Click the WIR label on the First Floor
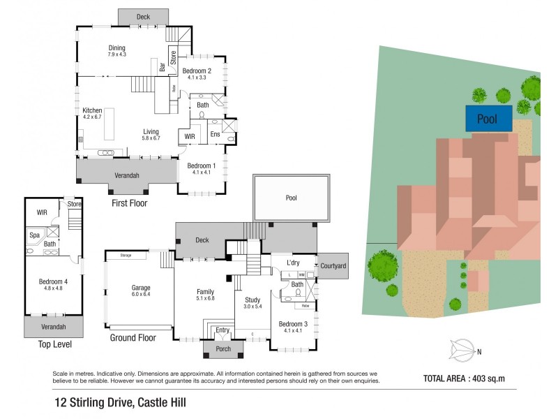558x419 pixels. tap(189, 136)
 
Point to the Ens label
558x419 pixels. tap(215, 133)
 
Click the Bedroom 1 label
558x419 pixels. tap(197, 168)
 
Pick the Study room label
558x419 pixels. tap(252, 302)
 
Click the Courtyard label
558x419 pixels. tap(333, 266)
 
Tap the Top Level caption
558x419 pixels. tap(53, 345)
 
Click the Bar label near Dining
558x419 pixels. tap(163, 68)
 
